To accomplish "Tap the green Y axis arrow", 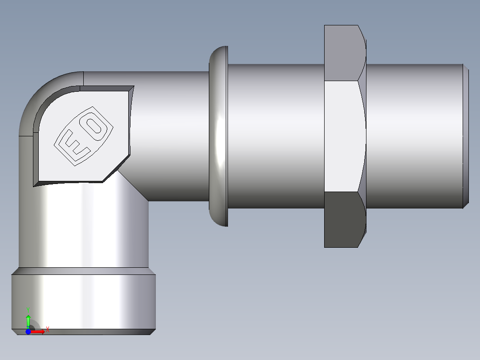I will point(28,319).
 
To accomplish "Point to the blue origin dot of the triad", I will point(28,331).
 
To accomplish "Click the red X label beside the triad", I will point(47,330).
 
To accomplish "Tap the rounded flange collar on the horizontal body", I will point(218,136).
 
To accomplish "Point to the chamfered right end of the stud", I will point(465,136).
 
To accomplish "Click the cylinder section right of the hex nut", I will point(414,136).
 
